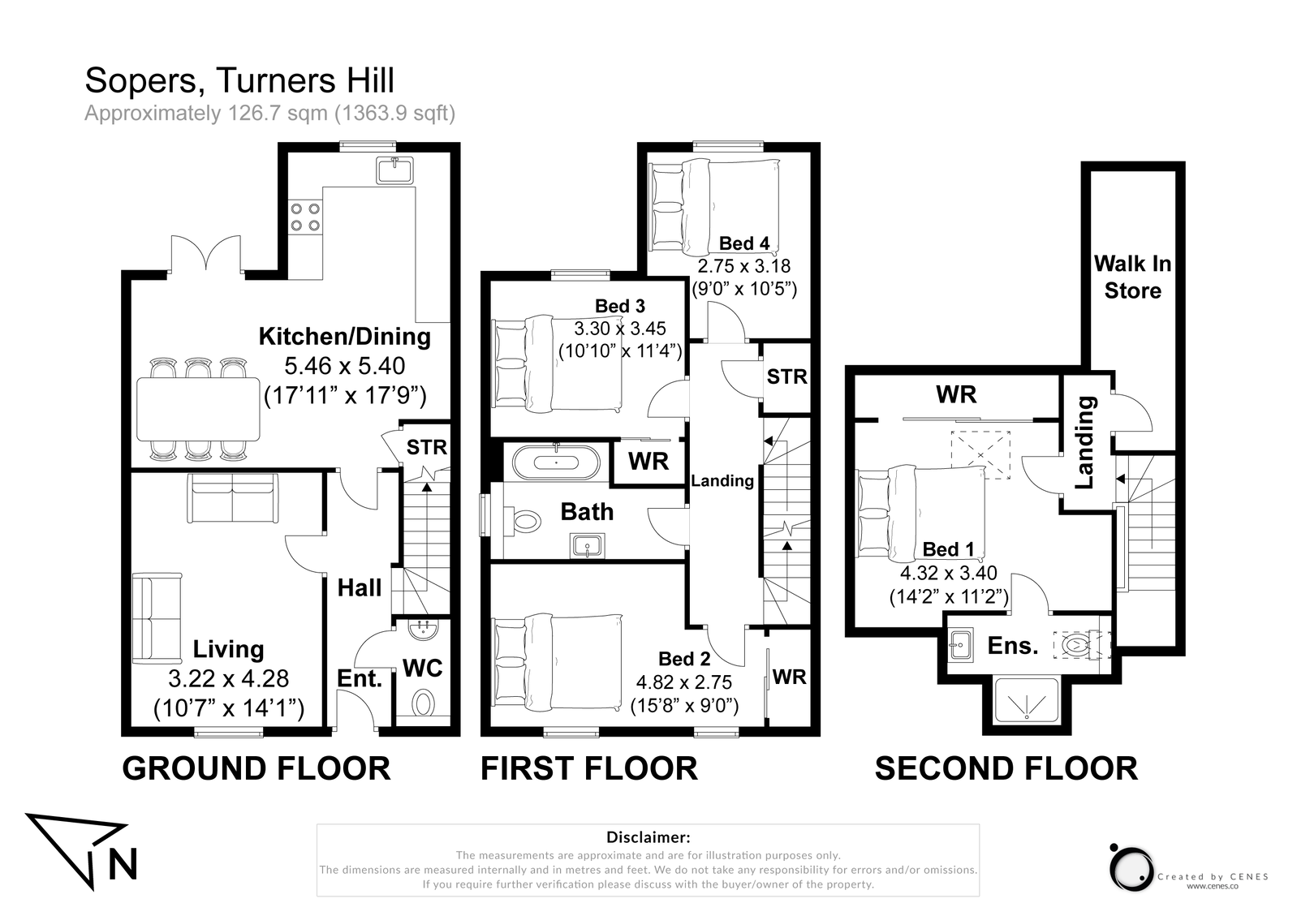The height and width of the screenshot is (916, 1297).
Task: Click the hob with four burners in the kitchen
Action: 305,217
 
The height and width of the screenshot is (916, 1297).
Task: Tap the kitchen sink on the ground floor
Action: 394,170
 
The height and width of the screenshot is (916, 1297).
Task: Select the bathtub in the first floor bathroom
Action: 555,462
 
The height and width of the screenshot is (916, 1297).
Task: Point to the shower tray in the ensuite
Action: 1027,699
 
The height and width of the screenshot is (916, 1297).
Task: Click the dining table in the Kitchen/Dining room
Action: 198,409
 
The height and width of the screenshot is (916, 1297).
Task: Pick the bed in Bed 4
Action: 714,207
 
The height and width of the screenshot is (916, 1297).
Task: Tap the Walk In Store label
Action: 1132,277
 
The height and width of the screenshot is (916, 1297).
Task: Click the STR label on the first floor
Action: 787,376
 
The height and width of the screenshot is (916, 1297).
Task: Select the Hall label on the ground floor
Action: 360,588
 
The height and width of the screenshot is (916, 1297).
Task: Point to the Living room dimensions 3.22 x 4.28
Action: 228,679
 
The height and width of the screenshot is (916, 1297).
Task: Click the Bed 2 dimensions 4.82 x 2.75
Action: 684,682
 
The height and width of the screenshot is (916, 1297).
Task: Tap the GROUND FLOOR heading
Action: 256,768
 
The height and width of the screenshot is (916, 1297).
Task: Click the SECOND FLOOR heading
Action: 1006,768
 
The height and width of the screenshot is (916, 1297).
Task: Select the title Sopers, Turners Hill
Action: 239,80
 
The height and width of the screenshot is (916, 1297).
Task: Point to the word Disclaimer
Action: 648,837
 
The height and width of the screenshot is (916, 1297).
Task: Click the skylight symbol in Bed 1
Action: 980,455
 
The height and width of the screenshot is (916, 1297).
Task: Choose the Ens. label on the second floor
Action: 1013,645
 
